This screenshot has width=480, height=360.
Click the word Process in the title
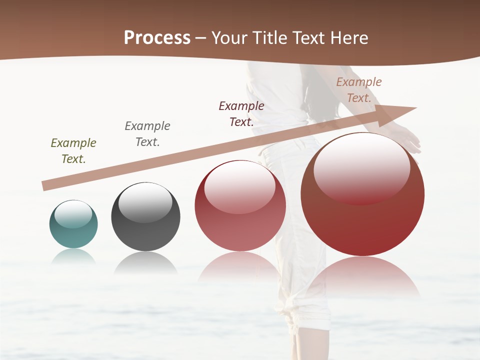click(157, 38)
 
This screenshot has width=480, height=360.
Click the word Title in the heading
click(269, 38)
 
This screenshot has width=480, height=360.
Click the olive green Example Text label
click(73, 151)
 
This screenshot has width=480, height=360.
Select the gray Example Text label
click(147, 134)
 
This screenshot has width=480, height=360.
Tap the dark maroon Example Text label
click(241, 114)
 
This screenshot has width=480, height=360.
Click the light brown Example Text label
click(359, 90)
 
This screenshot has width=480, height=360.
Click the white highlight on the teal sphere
click(73, 214)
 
